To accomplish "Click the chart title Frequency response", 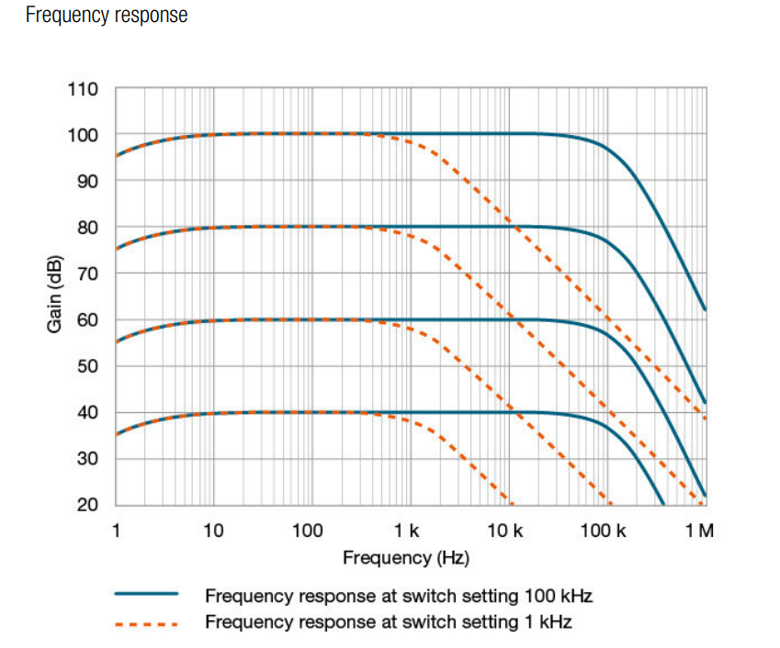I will pos(107,16).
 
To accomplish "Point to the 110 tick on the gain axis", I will pos(83,89).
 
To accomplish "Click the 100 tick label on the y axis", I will pos(83,135).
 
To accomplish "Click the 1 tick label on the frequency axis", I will pos(116,531).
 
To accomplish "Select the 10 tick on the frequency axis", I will pos(213,531).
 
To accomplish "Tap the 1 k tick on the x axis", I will pos(406,531).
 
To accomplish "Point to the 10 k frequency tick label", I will pos(504,531).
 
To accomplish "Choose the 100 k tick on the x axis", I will pos(604,531).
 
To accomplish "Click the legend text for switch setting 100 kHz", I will pos(398,596).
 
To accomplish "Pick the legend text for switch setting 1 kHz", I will pos(388,622).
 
